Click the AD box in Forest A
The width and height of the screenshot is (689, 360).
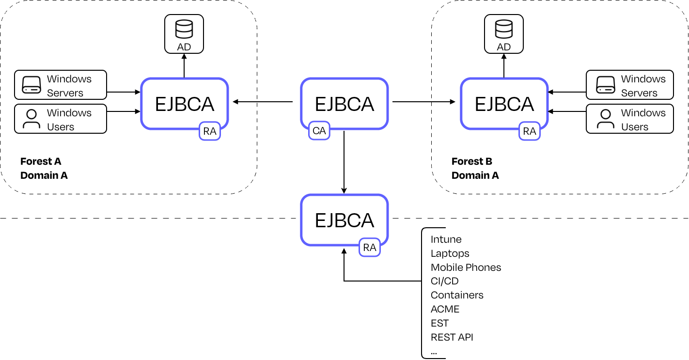coord(184,33)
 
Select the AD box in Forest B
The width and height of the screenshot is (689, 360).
coord(504,33)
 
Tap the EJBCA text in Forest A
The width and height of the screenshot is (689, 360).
coord(185,104)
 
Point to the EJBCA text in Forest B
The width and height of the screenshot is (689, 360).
coord(504,104)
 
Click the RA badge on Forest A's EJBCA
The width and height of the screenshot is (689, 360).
coord(210,131)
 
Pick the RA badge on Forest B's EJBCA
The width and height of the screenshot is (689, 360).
coord(530,131)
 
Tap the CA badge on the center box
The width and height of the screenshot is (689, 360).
coord(319,131)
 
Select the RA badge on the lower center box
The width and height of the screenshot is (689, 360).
coord(370,248)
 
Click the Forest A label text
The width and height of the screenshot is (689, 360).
coord(41,161)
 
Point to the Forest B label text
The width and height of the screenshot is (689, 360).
coord(472,161)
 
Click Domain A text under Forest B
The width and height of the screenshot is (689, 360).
coord(475,175)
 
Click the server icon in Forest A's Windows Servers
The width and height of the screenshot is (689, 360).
coord(32,85)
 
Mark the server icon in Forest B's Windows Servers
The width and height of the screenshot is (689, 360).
coord(606,85)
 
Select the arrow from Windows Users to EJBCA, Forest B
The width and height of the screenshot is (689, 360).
coord(566,112)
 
